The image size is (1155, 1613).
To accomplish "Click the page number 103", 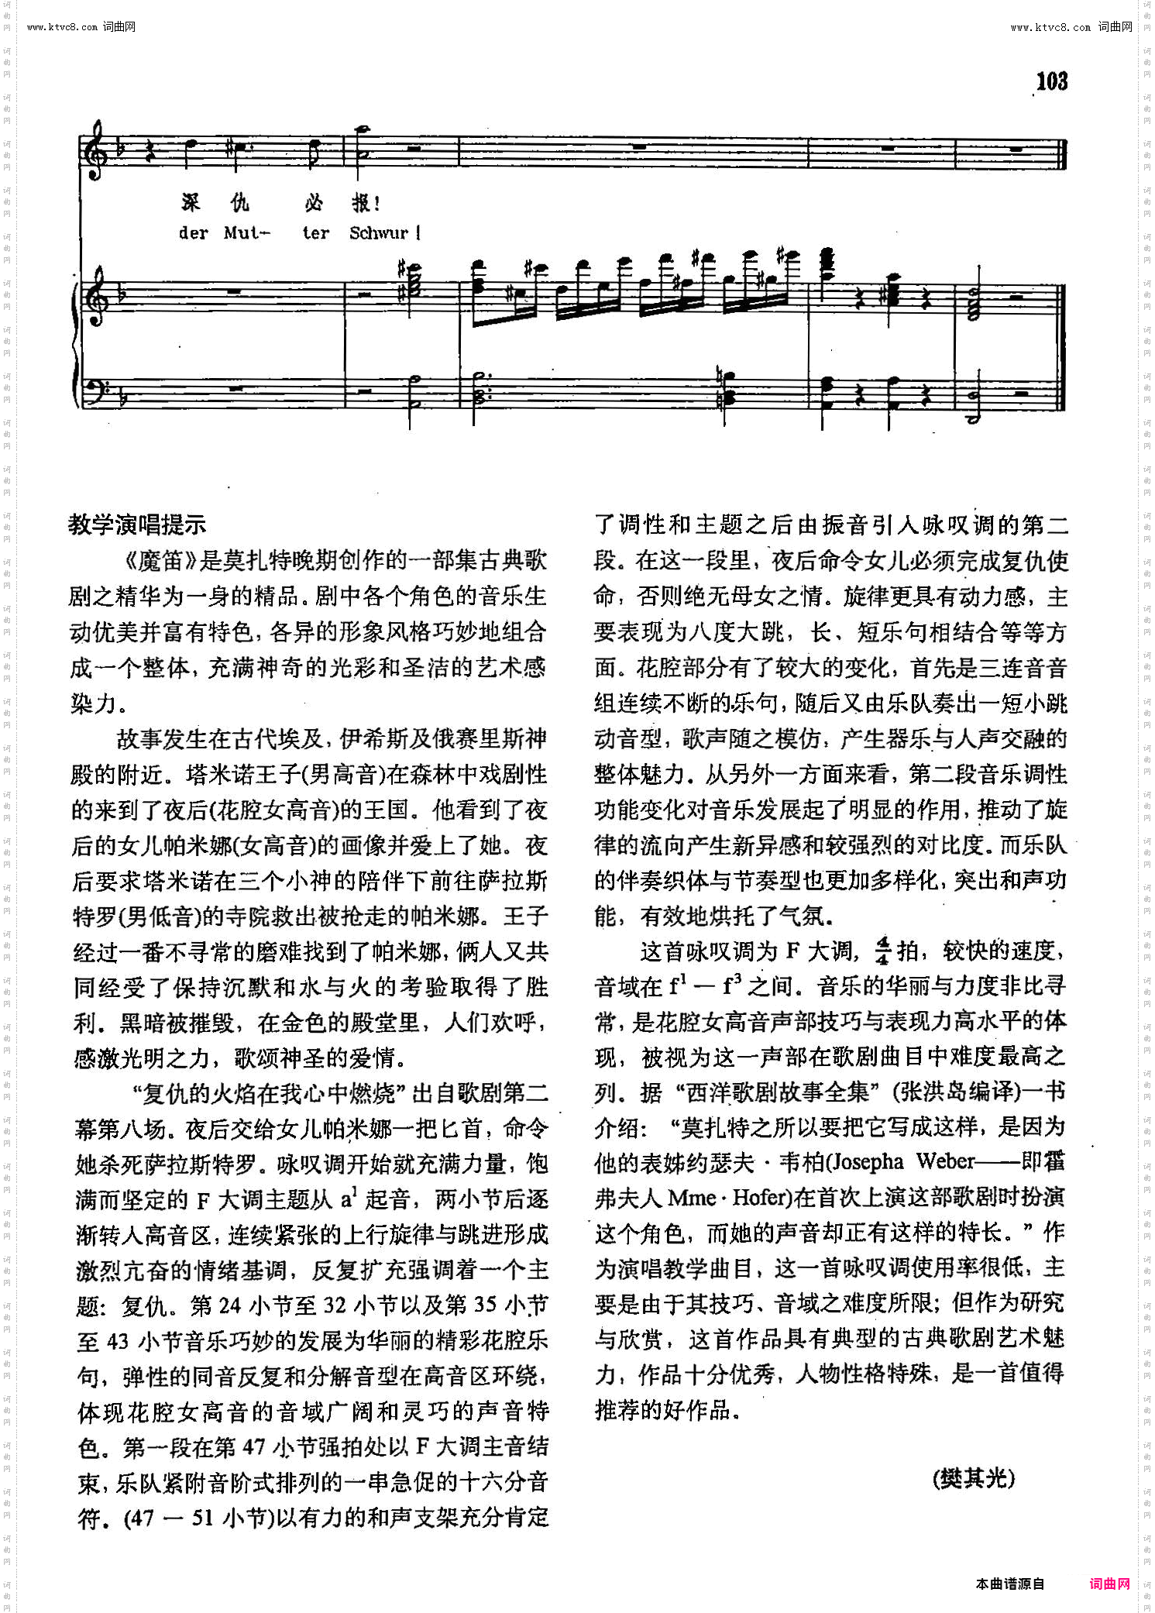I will pos(1051,81).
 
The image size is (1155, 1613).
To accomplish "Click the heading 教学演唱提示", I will pos(137,524).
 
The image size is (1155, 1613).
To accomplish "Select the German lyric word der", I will pos(193,233).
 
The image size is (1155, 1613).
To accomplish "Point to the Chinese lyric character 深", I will pos(191,203).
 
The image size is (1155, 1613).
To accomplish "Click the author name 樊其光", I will pos(974,1477).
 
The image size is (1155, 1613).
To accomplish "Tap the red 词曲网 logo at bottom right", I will pos(1109,1584).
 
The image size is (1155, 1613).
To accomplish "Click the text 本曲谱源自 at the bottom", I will pos(1010,1584).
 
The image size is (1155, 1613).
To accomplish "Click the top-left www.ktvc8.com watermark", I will pos(81,27).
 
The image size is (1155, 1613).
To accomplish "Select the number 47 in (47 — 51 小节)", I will pos(143,1518).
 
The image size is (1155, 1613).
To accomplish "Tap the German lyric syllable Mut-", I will pos(246,233).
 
